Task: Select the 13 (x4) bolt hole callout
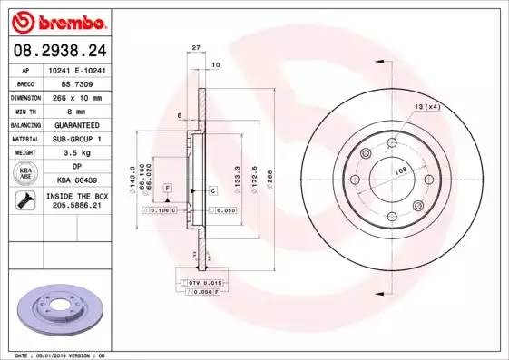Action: tap(426, 107)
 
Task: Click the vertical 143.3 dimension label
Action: tap(133, 170)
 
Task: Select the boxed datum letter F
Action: tap(168, 187)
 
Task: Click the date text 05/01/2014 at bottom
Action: tap(63, 355)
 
